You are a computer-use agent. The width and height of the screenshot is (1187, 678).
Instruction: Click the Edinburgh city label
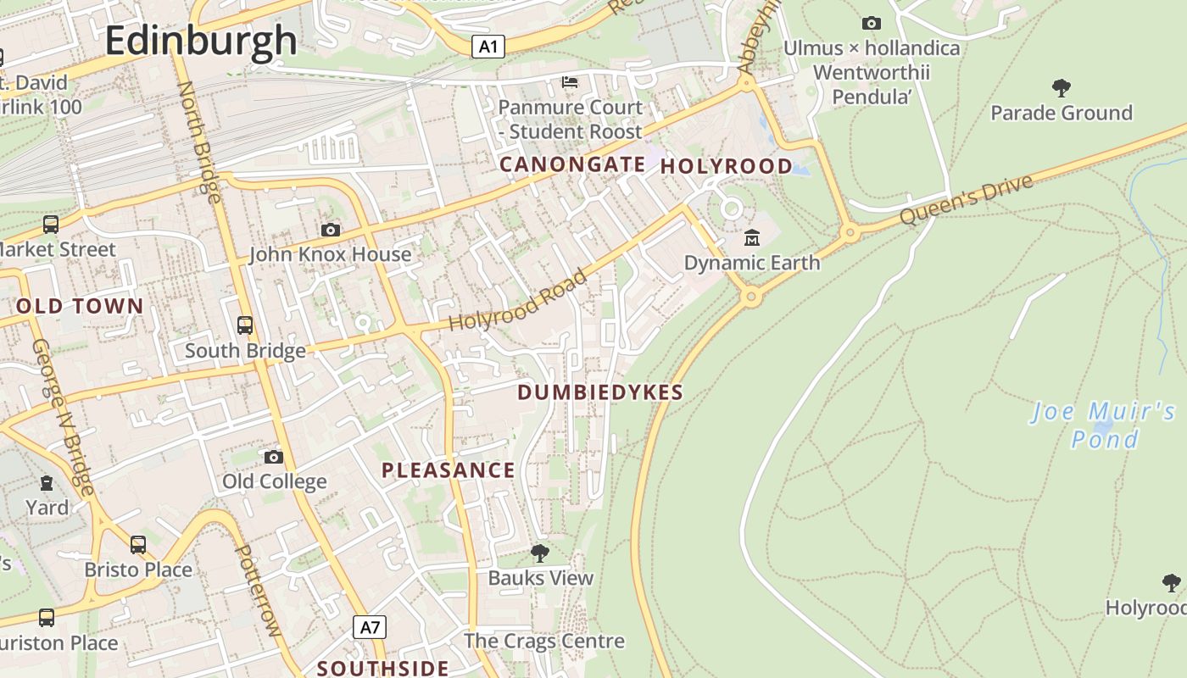201,41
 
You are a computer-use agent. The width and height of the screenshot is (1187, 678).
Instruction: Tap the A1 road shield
488,47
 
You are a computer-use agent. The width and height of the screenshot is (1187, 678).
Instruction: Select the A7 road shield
370,627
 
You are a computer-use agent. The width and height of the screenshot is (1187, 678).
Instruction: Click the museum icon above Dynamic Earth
751,237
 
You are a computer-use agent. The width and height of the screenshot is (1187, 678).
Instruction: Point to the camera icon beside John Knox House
331,230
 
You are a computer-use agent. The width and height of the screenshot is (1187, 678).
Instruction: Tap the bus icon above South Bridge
245,325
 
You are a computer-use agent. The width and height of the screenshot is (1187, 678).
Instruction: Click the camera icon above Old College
273,457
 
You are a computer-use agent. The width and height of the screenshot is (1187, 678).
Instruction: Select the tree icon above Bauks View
539,553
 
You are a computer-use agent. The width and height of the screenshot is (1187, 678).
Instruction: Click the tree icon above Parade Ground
1061,86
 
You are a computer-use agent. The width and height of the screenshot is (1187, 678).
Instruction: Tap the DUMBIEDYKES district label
599,392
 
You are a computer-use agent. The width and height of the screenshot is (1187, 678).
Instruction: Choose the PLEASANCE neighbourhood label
448,470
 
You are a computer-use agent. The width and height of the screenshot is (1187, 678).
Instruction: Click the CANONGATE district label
571,164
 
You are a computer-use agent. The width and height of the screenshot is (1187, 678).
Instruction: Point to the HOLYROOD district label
726,166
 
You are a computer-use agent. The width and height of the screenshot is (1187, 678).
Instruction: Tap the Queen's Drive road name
967,200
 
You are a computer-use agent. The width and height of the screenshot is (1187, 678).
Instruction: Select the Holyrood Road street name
517,301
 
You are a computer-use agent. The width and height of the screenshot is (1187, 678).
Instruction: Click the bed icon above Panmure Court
570,82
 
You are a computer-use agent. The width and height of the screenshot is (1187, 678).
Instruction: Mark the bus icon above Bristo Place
137,544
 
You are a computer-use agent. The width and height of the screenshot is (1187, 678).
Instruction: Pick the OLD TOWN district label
80,306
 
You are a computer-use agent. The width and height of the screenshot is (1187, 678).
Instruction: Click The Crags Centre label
543,641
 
